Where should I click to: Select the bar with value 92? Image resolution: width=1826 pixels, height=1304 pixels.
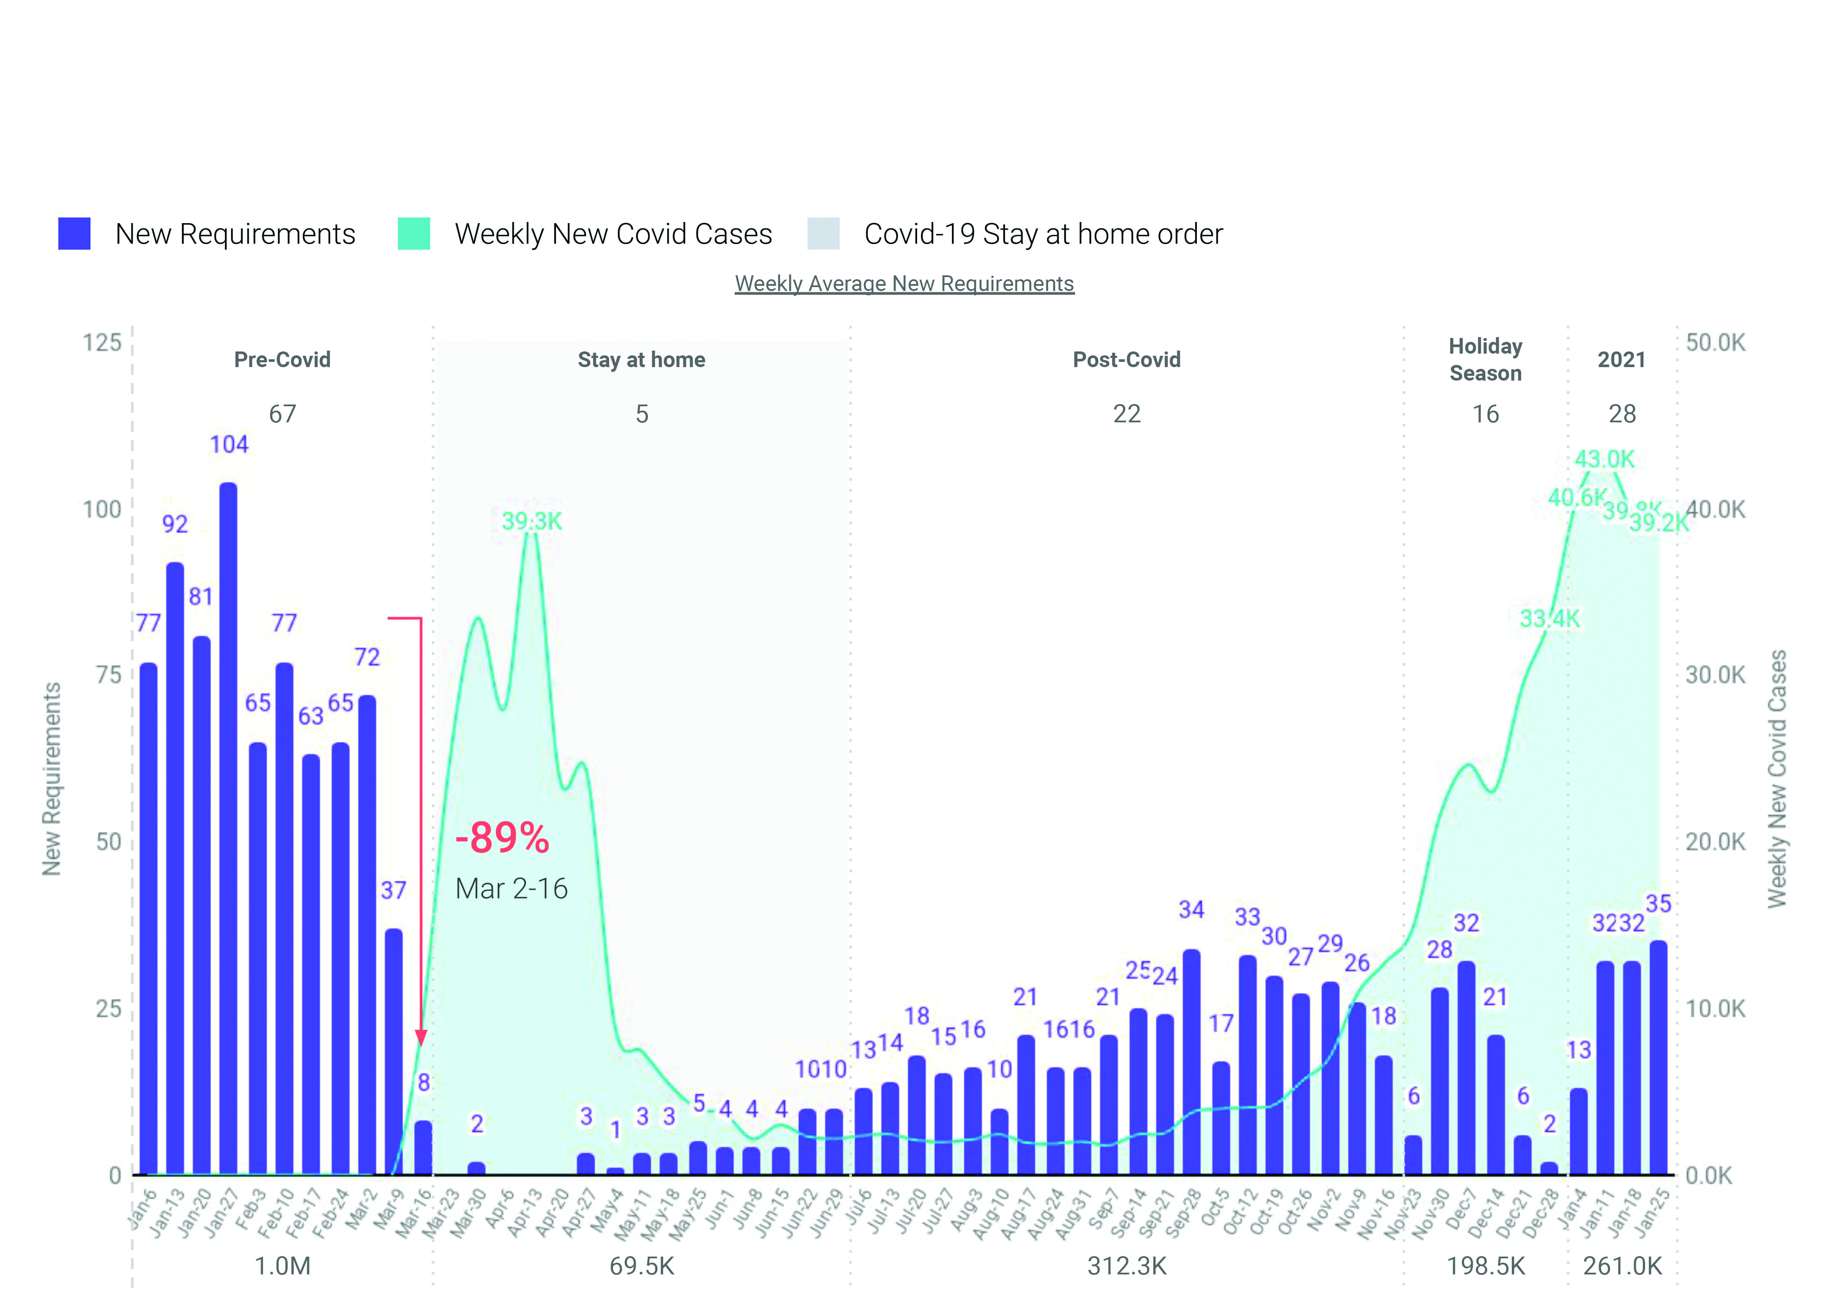[175, 867]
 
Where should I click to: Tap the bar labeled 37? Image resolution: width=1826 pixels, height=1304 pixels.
[393, 1052]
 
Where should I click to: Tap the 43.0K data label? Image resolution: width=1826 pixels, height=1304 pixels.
[1604, 459]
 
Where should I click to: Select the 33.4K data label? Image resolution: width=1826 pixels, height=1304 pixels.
[1549, 619]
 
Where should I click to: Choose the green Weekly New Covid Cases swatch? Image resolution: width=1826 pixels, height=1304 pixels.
[414, 234]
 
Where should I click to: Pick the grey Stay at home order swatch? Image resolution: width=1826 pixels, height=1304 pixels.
[823, 234]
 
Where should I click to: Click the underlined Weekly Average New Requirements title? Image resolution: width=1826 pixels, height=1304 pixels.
[904, 284]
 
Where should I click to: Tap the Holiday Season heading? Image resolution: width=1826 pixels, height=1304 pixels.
[1485, 360]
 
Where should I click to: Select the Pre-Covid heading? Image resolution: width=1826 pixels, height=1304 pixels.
[282, 360]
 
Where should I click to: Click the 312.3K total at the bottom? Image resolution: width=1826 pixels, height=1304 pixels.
[1126, 1266]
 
